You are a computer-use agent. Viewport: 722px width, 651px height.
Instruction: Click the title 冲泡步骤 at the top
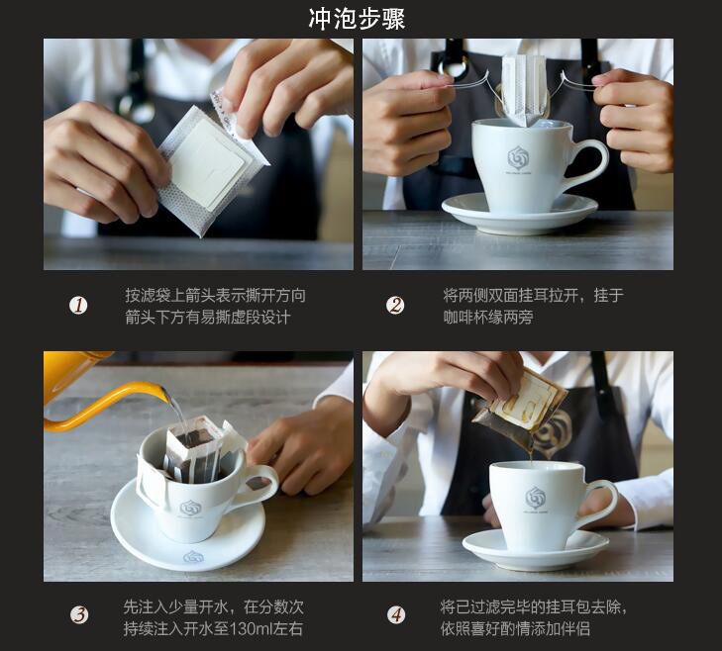point(357,19)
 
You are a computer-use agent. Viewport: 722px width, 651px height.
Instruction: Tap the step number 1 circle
point(78,305)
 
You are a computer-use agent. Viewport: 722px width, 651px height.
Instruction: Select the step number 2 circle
point(395,305)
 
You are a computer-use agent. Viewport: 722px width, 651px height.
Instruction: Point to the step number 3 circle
point(79,615)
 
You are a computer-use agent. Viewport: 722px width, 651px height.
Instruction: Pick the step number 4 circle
point(396,615)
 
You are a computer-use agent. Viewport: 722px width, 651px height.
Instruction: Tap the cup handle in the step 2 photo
point(590,162)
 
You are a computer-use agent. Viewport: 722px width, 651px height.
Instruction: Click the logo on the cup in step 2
point(519,159)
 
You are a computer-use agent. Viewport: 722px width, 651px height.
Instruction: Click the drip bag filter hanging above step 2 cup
point(524,91)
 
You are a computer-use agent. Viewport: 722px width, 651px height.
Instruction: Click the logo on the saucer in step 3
point(191,557)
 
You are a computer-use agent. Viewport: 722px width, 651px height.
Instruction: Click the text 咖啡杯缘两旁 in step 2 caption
point(488,317)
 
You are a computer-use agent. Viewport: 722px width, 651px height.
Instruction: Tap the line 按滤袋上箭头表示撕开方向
point(215,296)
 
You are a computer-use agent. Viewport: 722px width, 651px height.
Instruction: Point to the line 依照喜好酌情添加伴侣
point(515,628)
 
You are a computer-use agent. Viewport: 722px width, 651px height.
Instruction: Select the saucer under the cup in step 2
point(519,214)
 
